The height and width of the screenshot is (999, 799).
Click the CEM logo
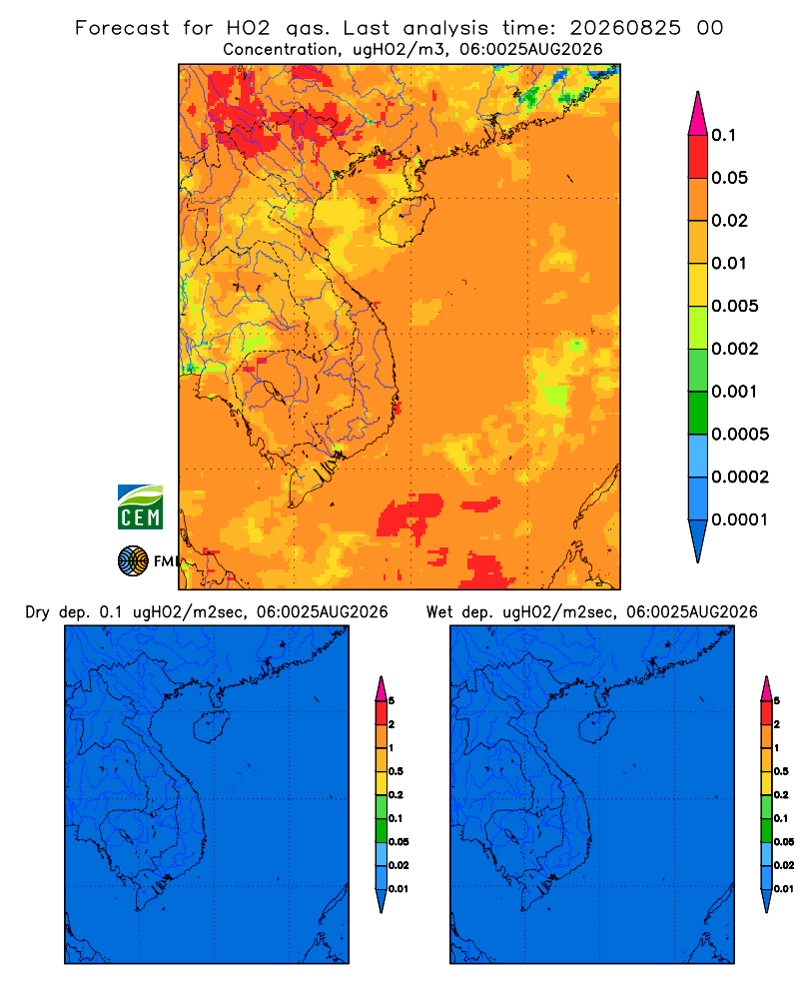140,507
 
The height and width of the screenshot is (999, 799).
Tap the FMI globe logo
133,561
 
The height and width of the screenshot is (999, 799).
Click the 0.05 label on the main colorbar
729,178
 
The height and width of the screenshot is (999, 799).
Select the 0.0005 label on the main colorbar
740,435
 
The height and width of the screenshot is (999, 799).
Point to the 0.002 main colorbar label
735,349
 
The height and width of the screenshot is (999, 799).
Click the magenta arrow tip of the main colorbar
698,113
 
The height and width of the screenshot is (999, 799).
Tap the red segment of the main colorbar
698,157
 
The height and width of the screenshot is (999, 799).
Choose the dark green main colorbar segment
698,413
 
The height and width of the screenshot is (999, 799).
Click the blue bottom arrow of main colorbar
698,540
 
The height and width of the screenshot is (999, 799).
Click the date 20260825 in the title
625,28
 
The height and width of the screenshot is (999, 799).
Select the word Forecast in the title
122,28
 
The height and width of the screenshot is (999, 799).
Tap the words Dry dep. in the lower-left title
57,613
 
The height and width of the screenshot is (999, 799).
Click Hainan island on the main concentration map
406,221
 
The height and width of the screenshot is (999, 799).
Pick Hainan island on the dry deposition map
212,727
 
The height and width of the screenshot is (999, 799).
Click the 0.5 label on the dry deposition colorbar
396,771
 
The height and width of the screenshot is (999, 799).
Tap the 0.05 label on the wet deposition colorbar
784,842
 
